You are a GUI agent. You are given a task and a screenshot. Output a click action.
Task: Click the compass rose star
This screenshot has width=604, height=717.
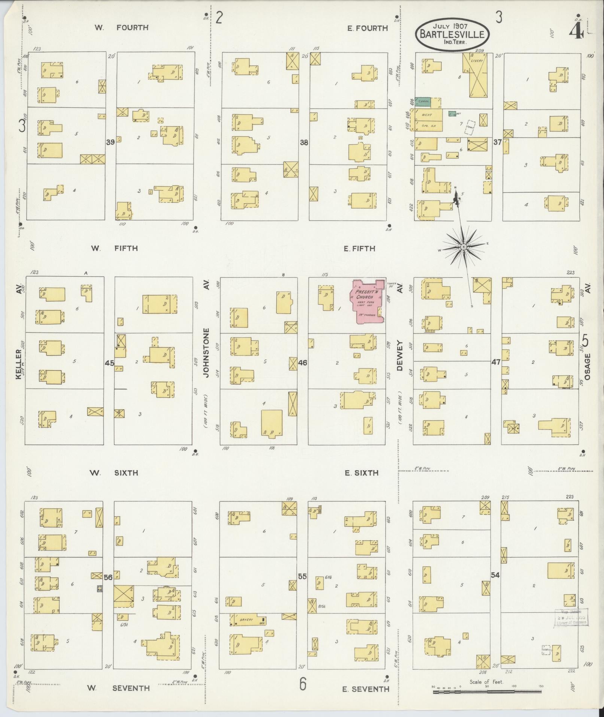pyautogui.click(x=463, y=247)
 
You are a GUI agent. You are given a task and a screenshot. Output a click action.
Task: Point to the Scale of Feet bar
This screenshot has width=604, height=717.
pyautogui.click(x=487, y=692)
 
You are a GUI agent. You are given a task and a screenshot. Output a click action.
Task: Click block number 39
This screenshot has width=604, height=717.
pyautogui.click(x=110, y=142)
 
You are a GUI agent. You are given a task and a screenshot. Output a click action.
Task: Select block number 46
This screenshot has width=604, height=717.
pyautogui.click(x=303, y=363)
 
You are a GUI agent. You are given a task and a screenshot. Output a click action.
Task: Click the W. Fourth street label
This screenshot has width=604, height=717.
pyautogui.click(x=121, y=27)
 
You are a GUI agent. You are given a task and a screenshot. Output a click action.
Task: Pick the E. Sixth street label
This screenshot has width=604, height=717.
pyautogui.click(x=361, y=473)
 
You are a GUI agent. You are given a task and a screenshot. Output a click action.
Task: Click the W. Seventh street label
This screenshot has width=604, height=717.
pyautogui.click(x=118, y=688)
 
